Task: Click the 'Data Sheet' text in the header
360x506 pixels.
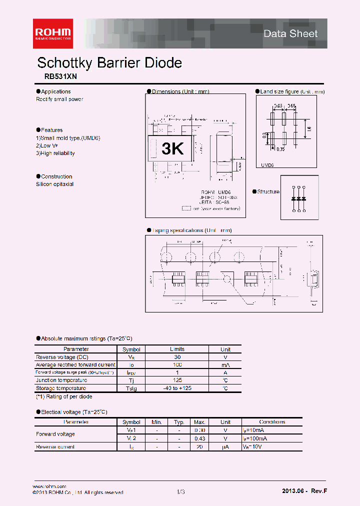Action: [290, 33]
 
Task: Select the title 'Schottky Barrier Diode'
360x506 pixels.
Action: [109, 63]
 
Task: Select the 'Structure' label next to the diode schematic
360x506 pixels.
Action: [268, 192]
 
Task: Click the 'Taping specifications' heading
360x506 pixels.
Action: [191, 230]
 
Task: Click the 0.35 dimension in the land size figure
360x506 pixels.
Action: [280, 149]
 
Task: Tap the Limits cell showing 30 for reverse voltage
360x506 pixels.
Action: [177, 357]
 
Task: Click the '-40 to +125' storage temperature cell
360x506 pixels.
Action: [177, 388]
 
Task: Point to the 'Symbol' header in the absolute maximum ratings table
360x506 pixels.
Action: [131, 349]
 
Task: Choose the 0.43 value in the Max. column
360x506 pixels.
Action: [199, 438]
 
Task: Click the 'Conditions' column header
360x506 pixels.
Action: [272, 422]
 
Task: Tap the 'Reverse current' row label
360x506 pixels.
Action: [55, 446]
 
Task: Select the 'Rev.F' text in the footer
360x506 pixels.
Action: [319, 491]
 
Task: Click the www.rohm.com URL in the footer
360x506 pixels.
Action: [49, 486]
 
